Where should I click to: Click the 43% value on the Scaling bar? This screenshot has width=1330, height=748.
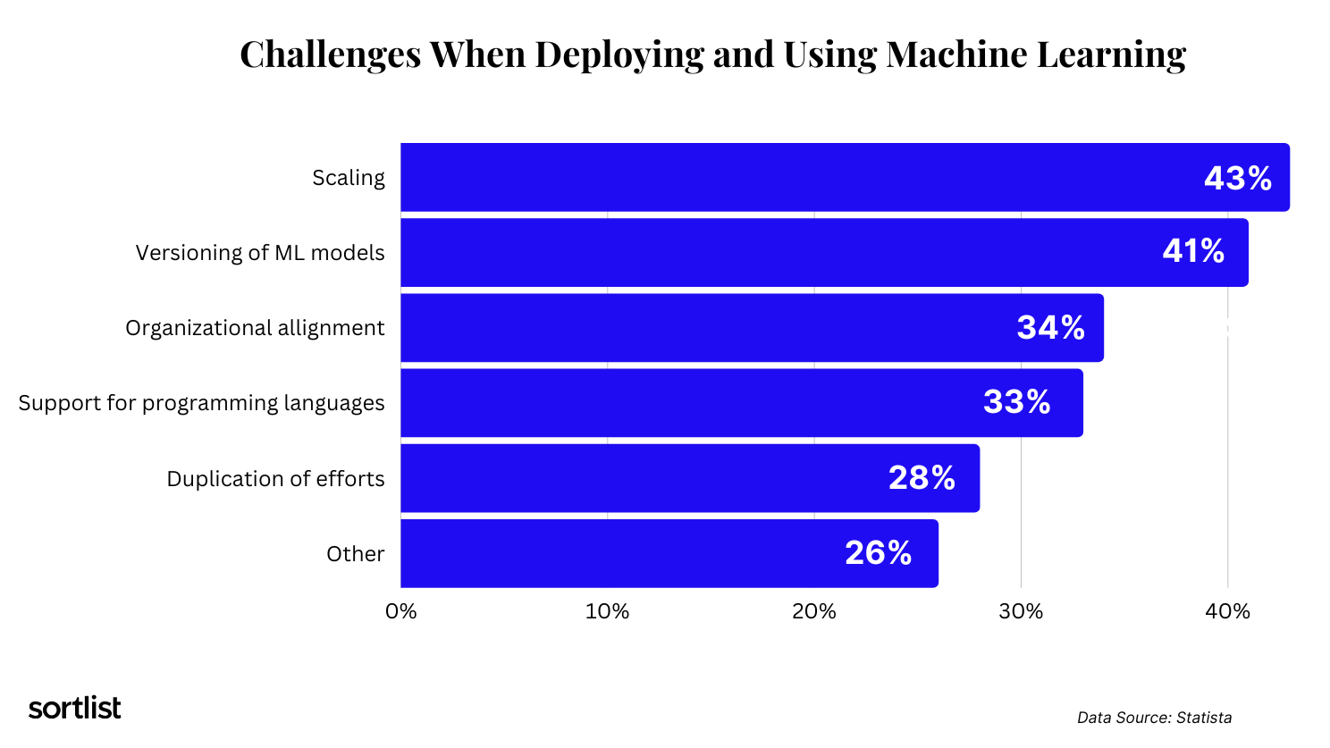(x=1237, y=179)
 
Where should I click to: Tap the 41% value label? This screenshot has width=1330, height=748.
(x=1193, y=251)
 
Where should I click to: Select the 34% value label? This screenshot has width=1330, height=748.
(x=1050, y=328)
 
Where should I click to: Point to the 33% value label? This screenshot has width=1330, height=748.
(x=1016, y=402)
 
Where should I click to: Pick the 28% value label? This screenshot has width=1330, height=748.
(x=922, y=478)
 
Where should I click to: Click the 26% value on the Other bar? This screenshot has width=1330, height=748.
(x=878, y=553)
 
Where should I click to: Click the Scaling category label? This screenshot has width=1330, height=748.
(x=349, y=178)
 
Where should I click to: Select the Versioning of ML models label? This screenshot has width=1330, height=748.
(x=260, y=253)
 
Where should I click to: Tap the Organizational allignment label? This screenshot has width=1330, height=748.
(x=255, y=328)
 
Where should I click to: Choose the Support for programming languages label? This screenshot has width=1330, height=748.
(x=201, y=403)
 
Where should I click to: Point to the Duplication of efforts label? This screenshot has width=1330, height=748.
(x=275, y=479)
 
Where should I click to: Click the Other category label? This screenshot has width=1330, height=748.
(x=355, y=554)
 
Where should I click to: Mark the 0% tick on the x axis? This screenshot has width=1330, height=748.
(x=400, y=611)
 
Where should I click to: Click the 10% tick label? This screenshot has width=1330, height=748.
(x=607, y=611)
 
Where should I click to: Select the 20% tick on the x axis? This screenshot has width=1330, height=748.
(x=814, y=611)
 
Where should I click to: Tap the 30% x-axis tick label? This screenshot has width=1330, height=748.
(x=1021, y=611)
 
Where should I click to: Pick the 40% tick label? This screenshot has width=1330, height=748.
(x=1227, y=611)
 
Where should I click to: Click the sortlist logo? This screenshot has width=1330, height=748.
(x=74, y=708)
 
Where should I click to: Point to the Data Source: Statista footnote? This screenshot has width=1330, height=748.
(x=1154, y=718)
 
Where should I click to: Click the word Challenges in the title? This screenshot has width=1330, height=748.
(x=330, y=55)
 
